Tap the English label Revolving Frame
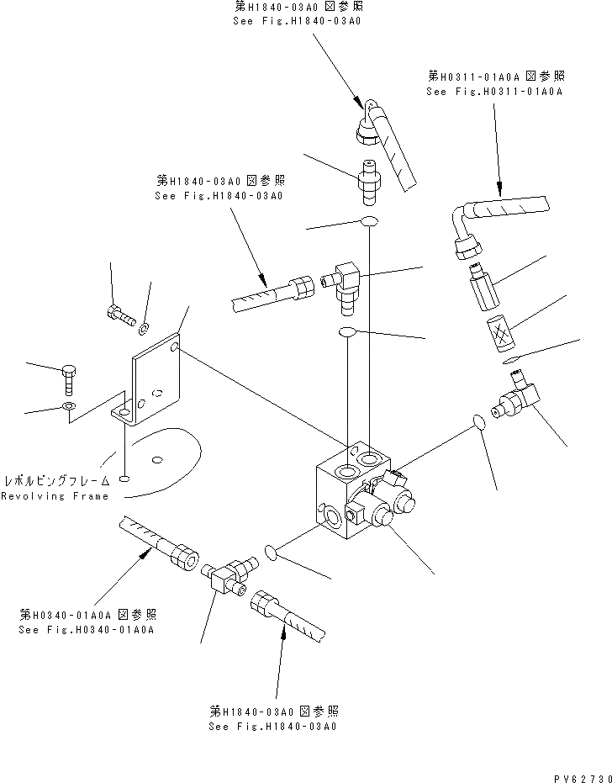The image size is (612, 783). pos(55,496)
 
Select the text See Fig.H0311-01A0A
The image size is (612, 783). pos(494,92)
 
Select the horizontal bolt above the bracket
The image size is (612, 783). pos(120,317)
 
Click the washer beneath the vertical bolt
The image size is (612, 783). pos(69,408)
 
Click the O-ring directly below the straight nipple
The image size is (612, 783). pos(367,222)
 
